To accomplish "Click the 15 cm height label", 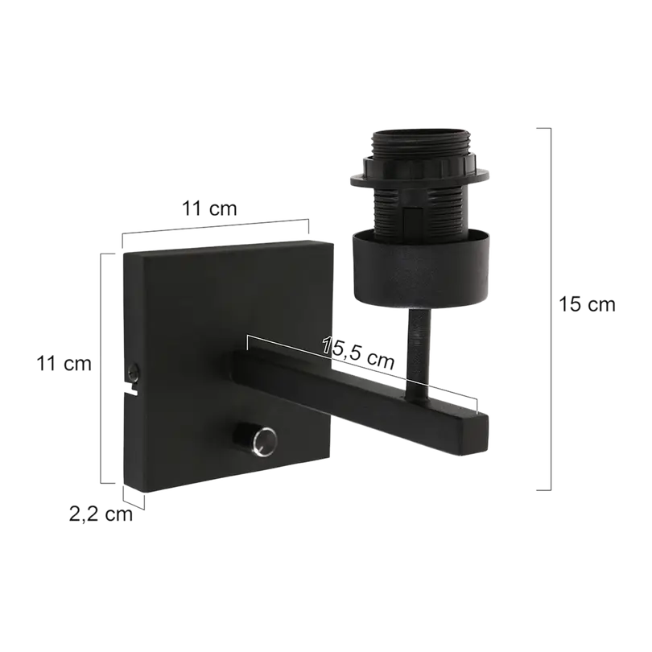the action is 587,304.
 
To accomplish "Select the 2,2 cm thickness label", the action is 101,514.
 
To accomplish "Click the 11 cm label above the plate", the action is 209,208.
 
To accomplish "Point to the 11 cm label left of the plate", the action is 64,364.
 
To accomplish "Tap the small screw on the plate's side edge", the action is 134,371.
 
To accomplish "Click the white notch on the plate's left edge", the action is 132,387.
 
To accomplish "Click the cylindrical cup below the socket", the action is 420,270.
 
